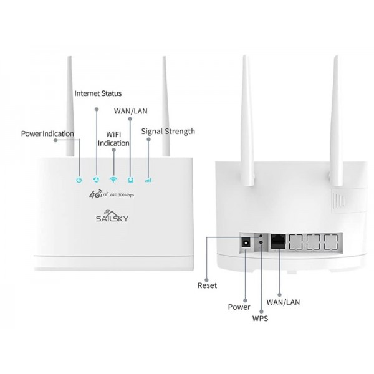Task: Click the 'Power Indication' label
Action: click(47, 133)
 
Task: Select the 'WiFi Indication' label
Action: click(113, 138)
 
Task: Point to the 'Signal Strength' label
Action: click(168, 132)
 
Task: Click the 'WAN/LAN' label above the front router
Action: click(130, 111)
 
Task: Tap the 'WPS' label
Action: click(261, 319)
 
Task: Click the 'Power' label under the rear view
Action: click(239, 307)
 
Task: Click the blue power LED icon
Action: click(79, 180)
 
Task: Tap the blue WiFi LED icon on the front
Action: click(113, 180)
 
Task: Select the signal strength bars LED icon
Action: click(148, 180)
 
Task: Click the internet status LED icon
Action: click(96, 180)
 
